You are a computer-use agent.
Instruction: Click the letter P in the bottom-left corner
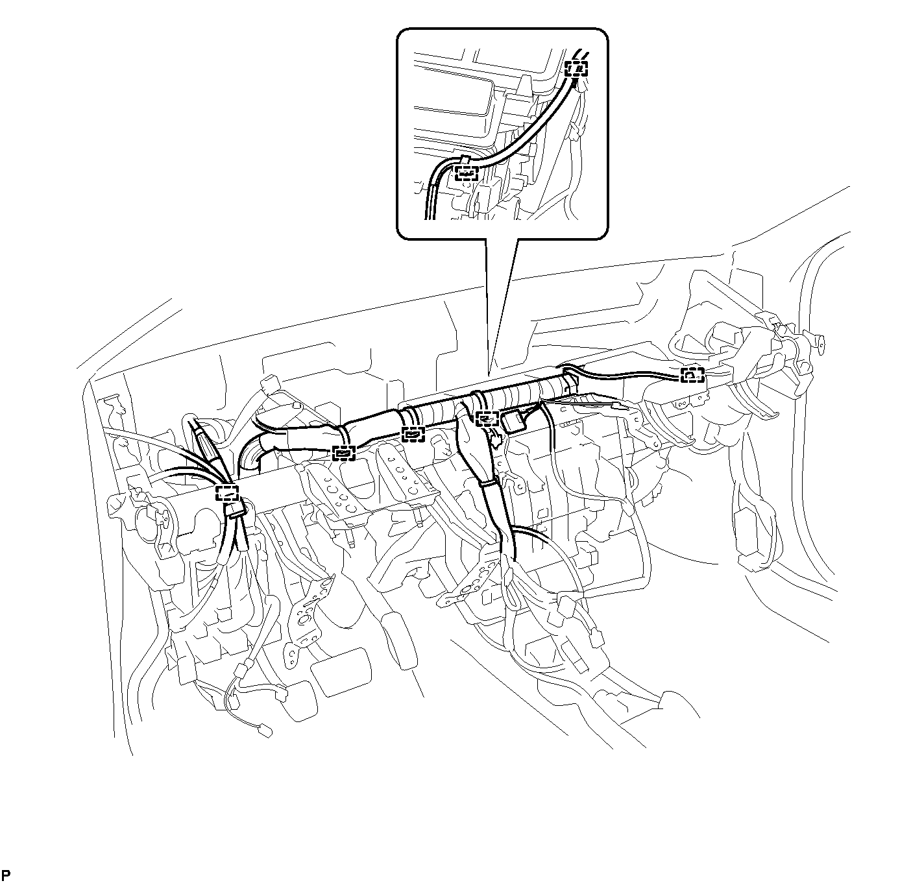(6, 874)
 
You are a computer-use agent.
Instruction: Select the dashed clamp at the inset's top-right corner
(577, 68)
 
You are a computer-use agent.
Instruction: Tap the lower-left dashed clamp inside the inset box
(465, 173)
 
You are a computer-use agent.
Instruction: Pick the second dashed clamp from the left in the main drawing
(343, 454)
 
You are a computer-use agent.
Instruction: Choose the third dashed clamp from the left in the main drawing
(413, 434)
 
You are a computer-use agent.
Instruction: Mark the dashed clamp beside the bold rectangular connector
(487, 418)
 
